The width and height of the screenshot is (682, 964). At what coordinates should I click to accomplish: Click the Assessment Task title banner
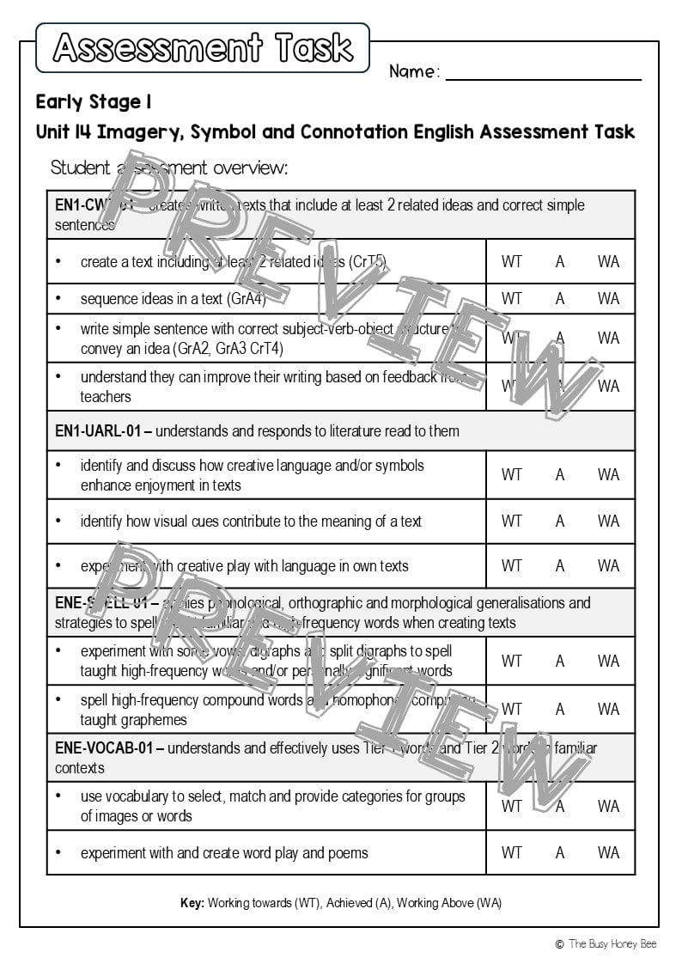click(203, 48)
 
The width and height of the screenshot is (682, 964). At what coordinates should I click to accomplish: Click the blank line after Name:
click(543, 74)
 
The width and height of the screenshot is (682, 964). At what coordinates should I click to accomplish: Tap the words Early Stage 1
click(94, 102)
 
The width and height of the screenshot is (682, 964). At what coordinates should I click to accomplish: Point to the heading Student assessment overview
click(169, 168)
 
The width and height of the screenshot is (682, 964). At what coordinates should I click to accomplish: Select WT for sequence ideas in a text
click(511, 299)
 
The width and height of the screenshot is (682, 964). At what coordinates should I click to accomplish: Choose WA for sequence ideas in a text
click(608, 299)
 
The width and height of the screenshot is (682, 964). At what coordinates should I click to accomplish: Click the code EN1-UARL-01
click(98, 431)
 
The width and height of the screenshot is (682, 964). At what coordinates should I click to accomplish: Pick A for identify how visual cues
click(560, 521)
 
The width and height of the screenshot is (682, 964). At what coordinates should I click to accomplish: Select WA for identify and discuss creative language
click(608, 474)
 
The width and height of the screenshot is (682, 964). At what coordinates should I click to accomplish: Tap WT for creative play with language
click(511, 565)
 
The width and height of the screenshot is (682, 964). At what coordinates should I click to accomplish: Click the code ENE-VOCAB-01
click(104, 748)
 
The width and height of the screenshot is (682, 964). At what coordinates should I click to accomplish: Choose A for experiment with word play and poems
click(560, 852)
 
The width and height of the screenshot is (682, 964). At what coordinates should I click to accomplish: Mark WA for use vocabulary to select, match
click(608, 806)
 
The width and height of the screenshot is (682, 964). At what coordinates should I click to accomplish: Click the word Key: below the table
click(192, 903)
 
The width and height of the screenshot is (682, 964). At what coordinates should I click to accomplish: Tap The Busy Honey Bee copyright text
click(612, 943)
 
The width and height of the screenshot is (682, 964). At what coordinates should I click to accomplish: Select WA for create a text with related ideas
click(608, 261)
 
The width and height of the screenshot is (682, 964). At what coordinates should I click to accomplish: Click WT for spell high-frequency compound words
click(511, 709)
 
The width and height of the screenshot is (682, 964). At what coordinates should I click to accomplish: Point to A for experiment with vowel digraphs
click(560, 661)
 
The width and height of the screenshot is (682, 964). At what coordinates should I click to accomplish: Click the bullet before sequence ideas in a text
click(58, 299)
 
